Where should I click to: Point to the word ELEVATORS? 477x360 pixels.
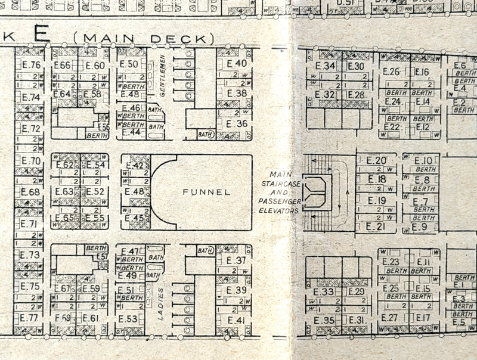point(277,210)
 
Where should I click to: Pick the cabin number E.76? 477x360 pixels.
point(31,66)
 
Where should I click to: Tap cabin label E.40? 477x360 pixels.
point(237,64)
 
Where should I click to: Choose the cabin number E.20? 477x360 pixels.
point(376,160)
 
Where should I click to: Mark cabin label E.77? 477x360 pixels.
point(30,318)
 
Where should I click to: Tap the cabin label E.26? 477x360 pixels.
point(391,72)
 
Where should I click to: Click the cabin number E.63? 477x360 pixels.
point(64,192)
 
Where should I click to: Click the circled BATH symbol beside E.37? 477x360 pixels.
point(205,251)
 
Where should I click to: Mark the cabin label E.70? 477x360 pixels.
point(31,161)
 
